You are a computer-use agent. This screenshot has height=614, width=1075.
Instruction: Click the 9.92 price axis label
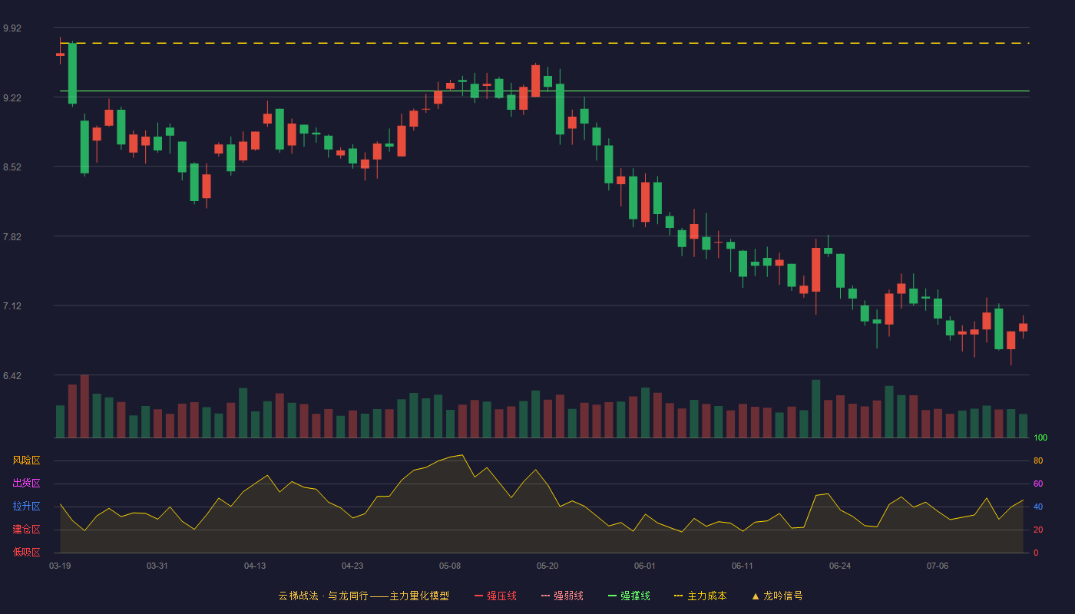click(x=12, y=28)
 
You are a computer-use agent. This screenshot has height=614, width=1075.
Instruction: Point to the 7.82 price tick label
click(x=12, y=237)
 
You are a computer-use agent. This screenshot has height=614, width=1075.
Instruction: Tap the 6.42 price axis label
click(x=12, y=375)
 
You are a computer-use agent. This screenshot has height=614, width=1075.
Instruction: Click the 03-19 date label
click(x=60, y=566)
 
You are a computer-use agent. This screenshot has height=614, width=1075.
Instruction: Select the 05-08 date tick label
click(x=450, y=566)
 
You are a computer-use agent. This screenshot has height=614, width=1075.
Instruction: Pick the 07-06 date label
click(x=938, y=566)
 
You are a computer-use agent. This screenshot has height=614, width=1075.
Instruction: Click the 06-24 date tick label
click(x=840, y=566)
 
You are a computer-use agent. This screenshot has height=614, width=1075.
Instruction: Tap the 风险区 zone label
click(x=26, y=460)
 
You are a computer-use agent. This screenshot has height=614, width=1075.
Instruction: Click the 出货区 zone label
click(x=26, y=483)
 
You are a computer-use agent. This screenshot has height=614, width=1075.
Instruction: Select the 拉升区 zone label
click(x=26, y=506)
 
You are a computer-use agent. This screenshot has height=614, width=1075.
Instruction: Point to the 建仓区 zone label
click(x=26, y=529)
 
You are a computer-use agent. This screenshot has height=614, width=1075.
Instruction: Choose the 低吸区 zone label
click(x=26, y=552)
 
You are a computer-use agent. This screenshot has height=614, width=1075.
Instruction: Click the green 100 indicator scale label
click(x=1040, y=437)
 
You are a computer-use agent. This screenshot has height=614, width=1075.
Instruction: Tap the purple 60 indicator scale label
click(x=1038, y=484)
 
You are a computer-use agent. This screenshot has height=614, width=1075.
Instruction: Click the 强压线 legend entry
click(x=495, y=596)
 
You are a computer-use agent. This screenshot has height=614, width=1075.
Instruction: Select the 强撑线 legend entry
click(x=629, y=596)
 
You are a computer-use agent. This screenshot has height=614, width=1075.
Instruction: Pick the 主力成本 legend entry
click(x=700, y=596)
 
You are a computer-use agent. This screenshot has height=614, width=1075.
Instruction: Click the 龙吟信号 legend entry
click(x=777, y=596)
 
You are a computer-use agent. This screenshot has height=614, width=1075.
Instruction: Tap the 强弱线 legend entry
click(x=562, y=596)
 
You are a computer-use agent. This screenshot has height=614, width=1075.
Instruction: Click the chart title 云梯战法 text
click(x=298, y=596)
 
